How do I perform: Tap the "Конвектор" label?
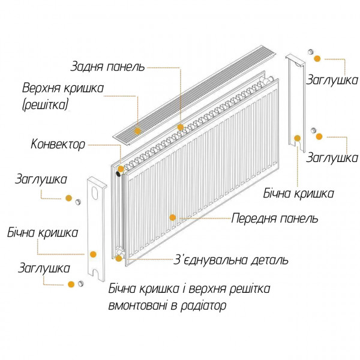[58, 144]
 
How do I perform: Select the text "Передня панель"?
[275, 218]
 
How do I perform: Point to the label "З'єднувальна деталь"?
[230, 260]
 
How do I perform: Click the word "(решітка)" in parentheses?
[46, 106]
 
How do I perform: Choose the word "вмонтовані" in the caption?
[137, 305]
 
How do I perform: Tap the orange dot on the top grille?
[137, 129]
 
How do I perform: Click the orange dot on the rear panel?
[180, 127]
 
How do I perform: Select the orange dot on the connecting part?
[119, 259]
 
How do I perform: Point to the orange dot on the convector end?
[121, 170]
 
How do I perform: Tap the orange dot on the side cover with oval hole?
[93, 254]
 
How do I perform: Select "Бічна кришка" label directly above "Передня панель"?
[298, 194]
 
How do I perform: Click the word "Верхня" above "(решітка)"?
[42, 88]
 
